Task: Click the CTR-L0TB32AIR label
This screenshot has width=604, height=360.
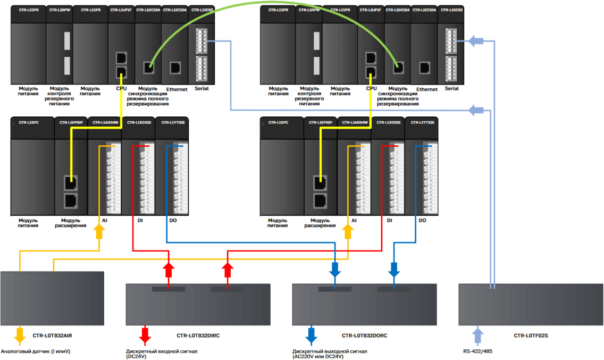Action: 52,336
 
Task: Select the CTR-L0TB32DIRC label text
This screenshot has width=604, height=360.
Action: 198,336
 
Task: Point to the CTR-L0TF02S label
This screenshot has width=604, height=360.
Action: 531,336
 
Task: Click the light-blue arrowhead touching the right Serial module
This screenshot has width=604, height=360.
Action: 475,41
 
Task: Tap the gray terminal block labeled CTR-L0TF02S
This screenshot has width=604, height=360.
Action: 531,304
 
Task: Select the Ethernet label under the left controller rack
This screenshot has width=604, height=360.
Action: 177,89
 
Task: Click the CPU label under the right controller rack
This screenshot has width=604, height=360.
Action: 371,89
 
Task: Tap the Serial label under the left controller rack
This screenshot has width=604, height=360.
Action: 202,89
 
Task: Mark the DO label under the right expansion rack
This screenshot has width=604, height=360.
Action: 422,220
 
